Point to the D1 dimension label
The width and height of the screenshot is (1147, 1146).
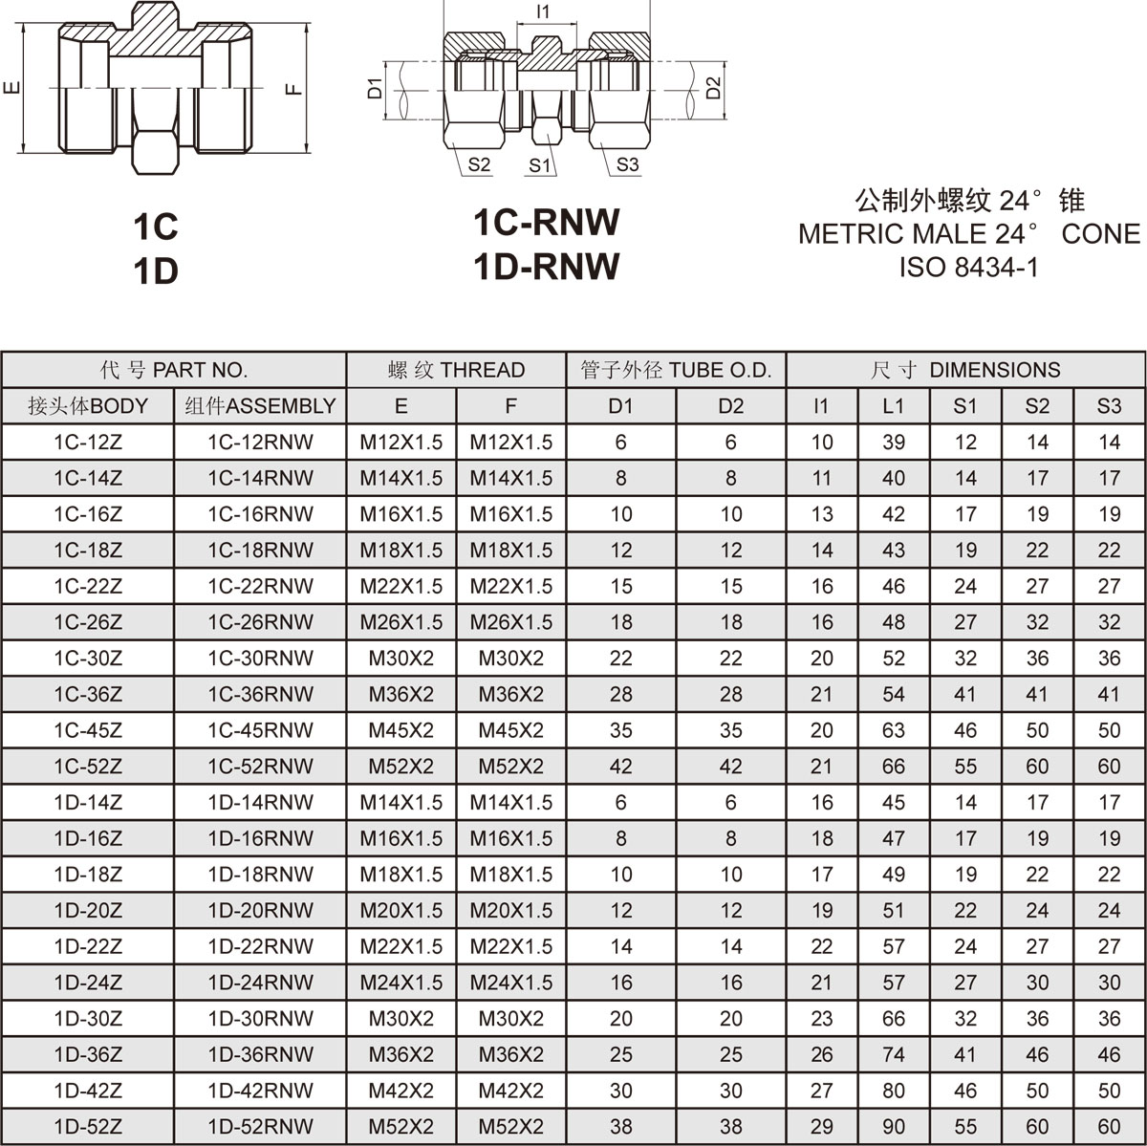(374, 88)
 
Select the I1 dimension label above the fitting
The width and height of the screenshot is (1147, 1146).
(543, 11)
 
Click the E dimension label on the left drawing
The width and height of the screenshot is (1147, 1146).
(11, 88)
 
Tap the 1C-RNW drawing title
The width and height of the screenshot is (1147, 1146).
(547, 222)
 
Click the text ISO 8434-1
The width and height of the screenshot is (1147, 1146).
(968, 268)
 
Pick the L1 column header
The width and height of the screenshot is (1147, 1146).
(893, 406)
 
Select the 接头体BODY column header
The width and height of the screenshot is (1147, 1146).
(88, 406)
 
